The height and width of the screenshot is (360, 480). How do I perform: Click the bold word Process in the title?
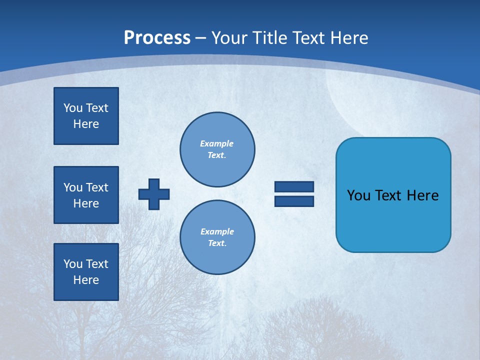157,38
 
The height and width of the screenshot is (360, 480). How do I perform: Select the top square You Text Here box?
86,116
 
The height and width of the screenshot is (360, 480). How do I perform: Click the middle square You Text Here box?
86,195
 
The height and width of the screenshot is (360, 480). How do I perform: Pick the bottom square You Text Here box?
86,272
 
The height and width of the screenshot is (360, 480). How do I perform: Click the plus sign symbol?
154,194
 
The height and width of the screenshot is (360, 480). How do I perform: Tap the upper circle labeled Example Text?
217,149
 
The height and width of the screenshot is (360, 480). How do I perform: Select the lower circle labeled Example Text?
217,237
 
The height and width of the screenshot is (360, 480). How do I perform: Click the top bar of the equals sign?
294,187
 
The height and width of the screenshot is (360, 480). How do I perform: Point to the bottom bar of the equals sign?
294,201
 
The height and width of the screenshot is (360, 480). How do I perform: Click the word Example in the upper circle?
216,143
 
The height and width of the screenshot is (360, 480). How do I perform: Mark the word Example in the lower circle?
217,231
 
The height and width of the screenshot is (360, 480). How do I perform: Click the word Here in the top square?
86,124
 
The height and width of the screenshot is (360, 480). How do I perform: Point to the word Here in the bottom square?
86,280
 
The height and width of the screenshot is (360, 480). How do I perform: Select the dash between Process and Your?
201,38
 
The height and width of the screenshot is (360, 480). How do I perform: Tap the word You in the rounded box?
358,195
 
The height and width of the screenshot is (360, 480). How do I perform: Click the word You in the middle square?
73,187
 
